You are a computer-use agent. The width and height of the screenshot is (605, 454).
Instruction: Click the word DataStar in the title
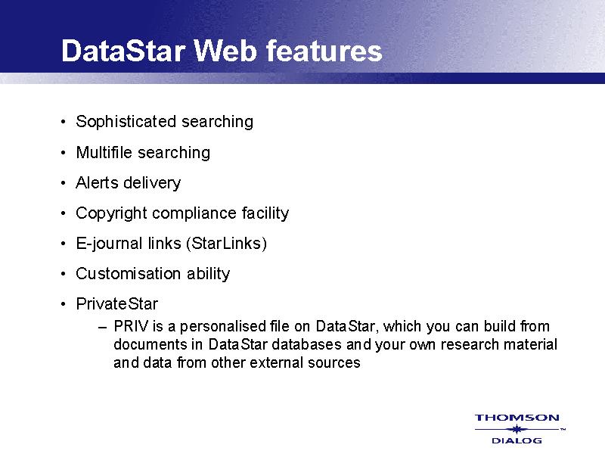click(x=123, y=51)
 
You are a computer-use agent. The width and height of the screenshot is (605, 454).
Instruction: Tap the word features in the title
click(x=324, y=51)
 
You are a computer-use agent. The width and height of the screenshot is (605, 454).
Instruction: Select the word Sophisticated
click(x=126, y=122)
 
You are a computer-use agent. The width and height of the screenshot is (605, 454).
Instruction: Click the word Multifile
click(x=104, y=153)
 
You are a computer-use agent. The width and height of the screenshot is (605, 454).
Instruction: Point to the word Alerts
click(x=97, y=182)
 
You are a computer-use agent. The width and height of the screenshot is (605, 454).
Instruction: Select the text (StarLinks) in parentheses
click(x=226, y=244)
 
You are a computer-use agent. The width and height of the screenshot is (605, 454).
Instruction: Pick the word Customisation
click(x=129, y=274)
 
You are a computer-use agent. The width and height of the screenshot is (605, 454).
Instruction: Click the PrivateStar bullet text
click(x=117, y=304)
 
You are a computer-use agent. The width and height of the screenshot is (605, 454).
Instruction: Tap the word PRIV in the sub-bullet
click(x=131, y=327)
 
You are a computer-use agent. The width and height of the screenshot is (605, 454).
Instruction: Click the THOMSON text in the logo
click(x=517, y=418)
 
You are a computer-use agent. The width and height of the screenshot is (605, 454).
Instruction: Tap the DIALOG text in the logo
click(x=517, y=440)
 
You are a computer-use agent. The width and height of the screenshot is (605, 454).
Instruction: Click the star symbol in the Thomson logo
click(x=517, y=429)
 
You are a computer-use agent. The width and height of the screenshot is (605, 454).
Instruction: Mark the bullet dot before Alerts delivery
click(x=64, y=183)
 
